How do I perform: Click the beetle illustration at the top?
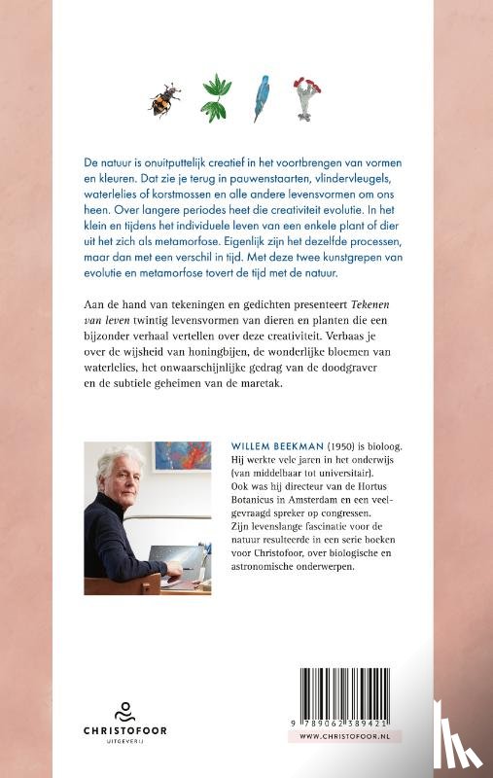[x=164, y=98]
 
